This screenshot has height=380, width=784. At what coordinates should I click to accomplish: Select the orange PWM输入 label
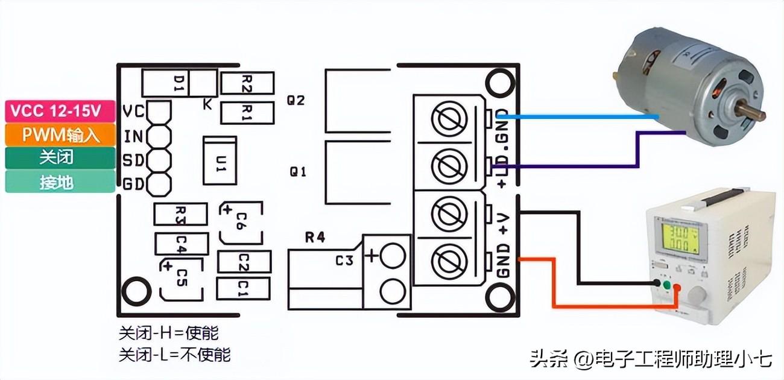click(60, 134)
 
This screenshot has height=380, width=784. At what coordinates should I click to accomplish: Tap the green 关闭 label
click(60, 157)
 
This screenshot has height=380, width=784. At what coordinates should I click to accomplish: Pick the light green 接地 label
click(60, 181)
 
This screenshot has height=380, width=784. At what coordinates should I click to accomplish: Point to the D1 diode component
click(180, 83)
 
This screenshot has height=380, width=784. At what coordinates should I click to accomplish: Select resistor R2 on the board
click(247, 83)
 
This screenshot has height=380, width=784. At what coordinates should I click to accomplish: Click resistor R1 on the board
click(247, 112)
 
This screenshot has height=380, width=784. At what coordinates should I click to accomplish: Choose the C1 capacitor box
click(243, 288)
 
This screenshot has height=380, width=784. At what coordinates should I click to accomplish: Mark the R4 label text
click(314, 237)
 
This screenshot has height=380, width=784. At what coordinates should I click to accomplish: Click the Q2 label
click(297, 100)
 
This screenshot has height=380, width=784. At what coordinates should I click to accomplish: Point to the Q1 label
click(298, 172)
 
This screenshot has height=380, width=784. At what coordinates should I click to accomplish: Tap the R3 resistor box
click(181, 214)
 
